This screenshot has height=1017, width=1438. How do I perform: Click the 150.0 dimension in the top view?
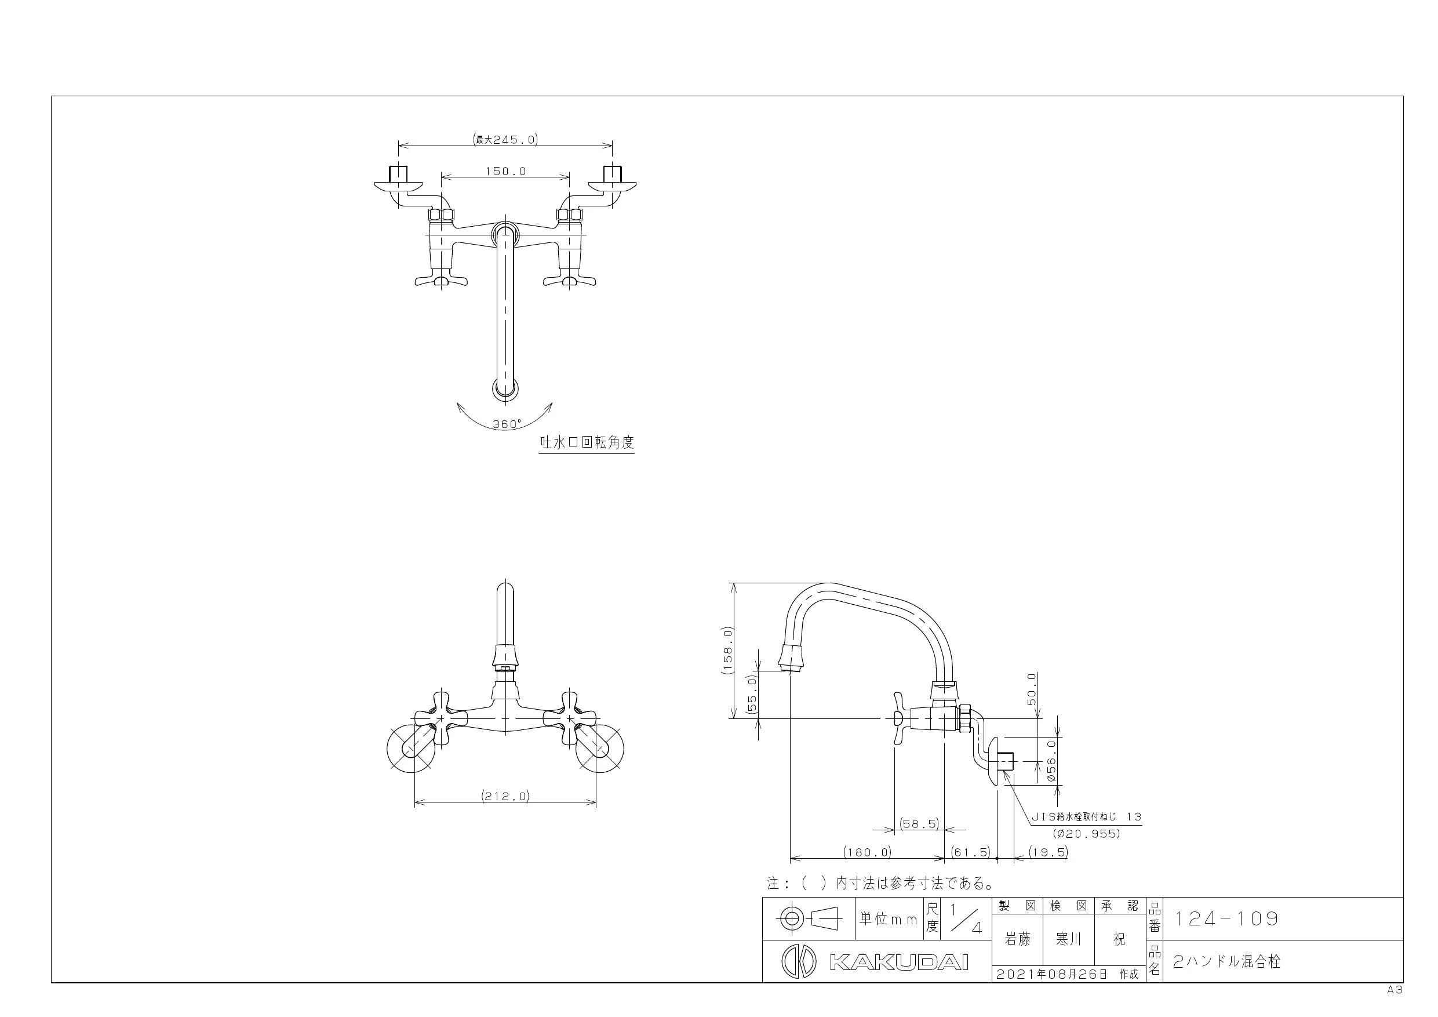(x=505, y=171)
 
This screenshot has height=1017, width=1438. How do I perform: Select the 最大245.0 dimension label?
(x=506, y=140)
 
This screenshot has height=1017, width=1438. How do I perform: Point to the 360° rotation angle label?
(x=507, y=424)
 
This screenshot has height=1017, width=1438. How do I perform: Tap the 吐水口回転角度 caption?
(x=588, y=442)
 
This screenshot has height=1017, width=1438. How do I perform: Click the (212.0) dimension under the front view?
(x=505, y=797)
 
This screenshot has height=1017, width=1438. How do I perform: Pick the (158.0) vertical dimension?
(x=726, y=650)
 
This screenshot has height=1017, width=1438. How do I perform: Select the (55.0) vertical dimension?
(x=753, y=693)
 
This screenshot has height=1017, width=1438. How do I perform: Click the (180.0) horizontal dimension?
(x=868, y=852)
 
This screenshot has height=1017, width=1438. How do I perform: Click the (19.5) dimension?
(x=1049, y=852)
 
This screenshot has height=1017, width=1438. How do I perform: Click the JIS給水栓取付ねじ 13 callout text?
(x=1087, y=817)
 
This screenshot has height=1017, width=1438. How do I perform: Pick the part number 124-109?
(x=1226, y=919)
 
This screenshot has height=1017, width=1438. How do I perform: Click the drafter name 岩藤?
(x=1018, y=939)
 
